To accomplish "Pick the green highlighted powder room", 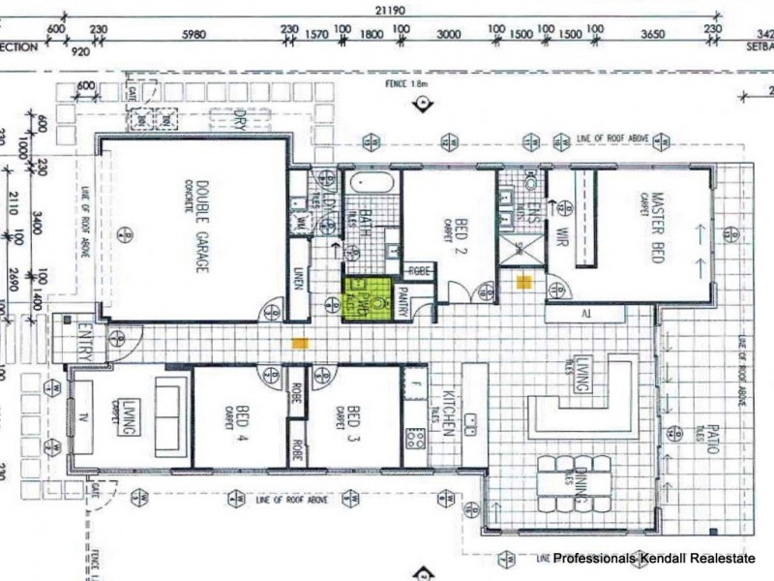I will (370, 298).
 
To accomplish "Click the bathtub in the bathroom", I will (369, 182).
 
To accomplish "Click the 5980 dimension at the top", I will (194, 33).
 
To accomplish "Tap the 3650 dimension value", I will (653, 33).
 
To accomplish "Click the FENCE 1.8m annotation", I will (405, 85).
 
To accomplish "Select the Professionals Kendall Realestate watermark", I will (662, 559).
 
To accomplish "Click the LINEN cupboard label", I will (299, 279).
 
